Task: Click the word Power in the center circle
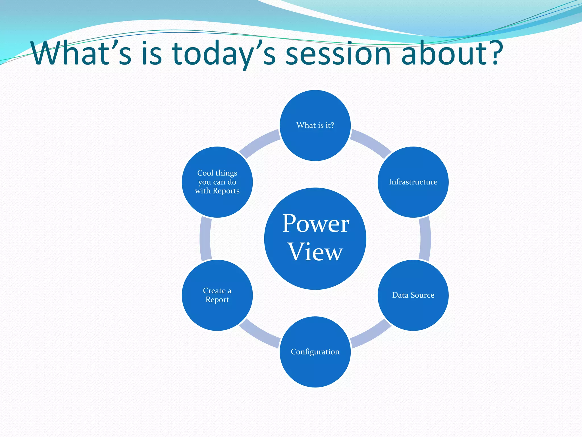coord(315,224)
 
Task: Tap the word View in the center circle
coord(315,252)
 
